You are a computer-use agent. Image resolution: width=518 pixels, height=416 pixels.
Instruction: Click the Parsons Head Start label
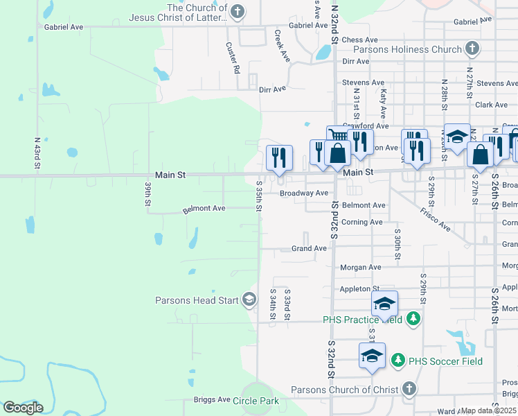197,300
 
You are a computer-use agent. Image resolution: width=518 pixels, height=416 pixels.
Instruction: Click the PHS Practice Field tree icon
413,319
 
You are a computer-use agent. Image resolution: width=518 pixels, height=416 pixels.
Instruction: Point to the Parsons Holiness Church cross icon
472,49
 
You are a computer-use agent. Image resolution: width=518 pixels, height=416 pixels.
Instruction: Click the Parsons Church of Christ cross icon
409,389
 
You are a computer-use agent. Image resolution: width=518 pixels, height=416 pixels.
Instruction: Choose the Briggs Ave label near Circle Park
212,399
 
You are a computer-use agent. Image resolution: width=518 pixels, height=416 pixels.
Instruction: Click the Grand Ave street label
309,248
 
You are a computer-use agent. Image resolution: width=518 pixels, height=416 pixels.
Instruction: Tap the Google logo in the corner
22,408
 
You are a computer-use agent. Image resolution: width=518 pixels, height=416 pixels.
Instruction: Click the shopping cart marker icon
337,135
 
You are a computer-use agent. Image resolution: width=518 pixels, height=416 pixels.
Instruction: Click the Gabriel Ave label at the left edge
64,27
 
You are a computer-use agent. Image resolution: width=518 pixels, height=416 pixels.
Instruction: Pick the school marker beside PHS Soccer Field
372,355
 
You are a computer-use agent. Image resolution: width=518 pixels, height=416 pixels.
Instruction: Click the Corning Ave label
361,222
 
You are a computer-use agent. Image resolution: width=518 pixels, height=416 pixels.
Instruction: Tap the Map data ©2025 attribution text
489,410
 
